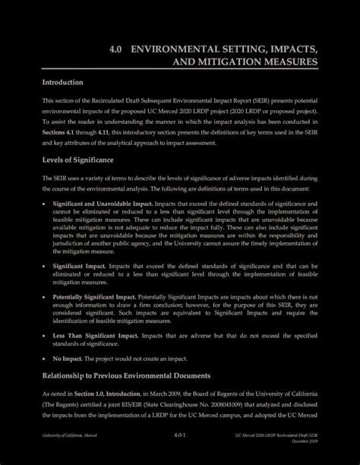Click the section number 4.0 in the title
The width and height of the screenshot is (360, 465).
116,49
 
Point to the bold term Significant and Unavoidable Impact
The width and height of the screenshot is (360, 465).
102,205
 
